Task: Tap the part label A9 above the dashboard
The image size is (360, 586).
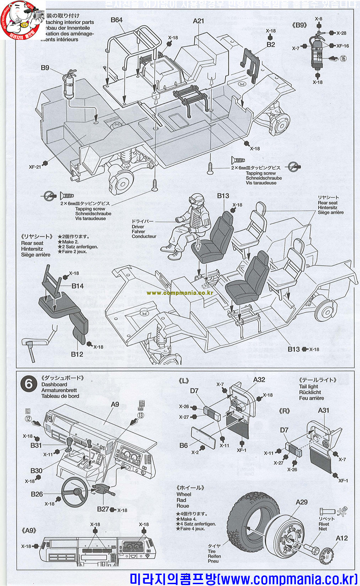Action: (x=115, y=404)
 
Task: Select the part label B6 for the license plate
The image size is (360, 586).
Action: (x=184, y=445)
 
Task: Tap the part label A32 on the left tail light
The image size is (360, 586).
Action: (x=259, y=380)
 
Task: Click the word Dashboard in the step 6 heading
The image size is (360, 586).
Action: (x=54, y=385)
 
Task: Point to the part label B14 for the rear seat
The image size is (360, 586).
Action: (x=77, y=286)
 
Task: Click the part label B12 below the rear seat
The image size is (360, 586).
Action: (x=76, y=354)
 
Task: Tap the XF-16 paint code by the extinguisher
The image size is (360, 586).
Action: (x=342, y=46)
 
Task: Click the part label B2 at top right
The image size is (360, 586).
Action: (x=271, y=44)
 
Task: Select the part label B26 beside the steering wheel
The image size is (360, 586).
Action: (x=37, y=494)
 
